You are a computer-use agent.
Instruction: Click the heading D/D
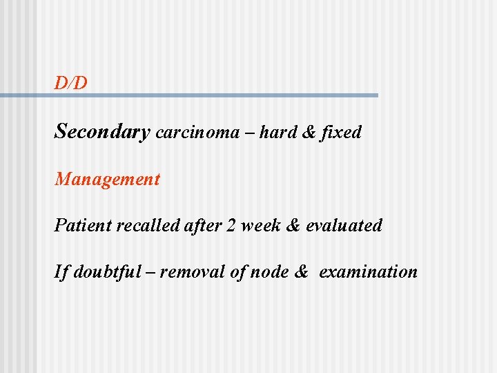tap(71, 84)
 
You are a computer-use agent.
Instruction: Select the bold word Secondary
tap(102, 132)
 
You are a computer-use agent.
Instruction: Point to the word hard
tap(279, 132)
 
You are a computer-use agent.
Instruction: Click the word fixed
tap(340, 132)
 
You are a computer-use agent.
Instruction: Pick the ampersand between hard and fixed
tap(309, 132)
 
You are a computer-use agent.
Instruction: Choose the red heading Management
tap(107, 180)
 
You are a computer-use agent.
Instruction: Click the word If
tap(61, 271)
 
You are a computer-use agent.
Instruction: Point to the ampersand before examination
tap(301, 271)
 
